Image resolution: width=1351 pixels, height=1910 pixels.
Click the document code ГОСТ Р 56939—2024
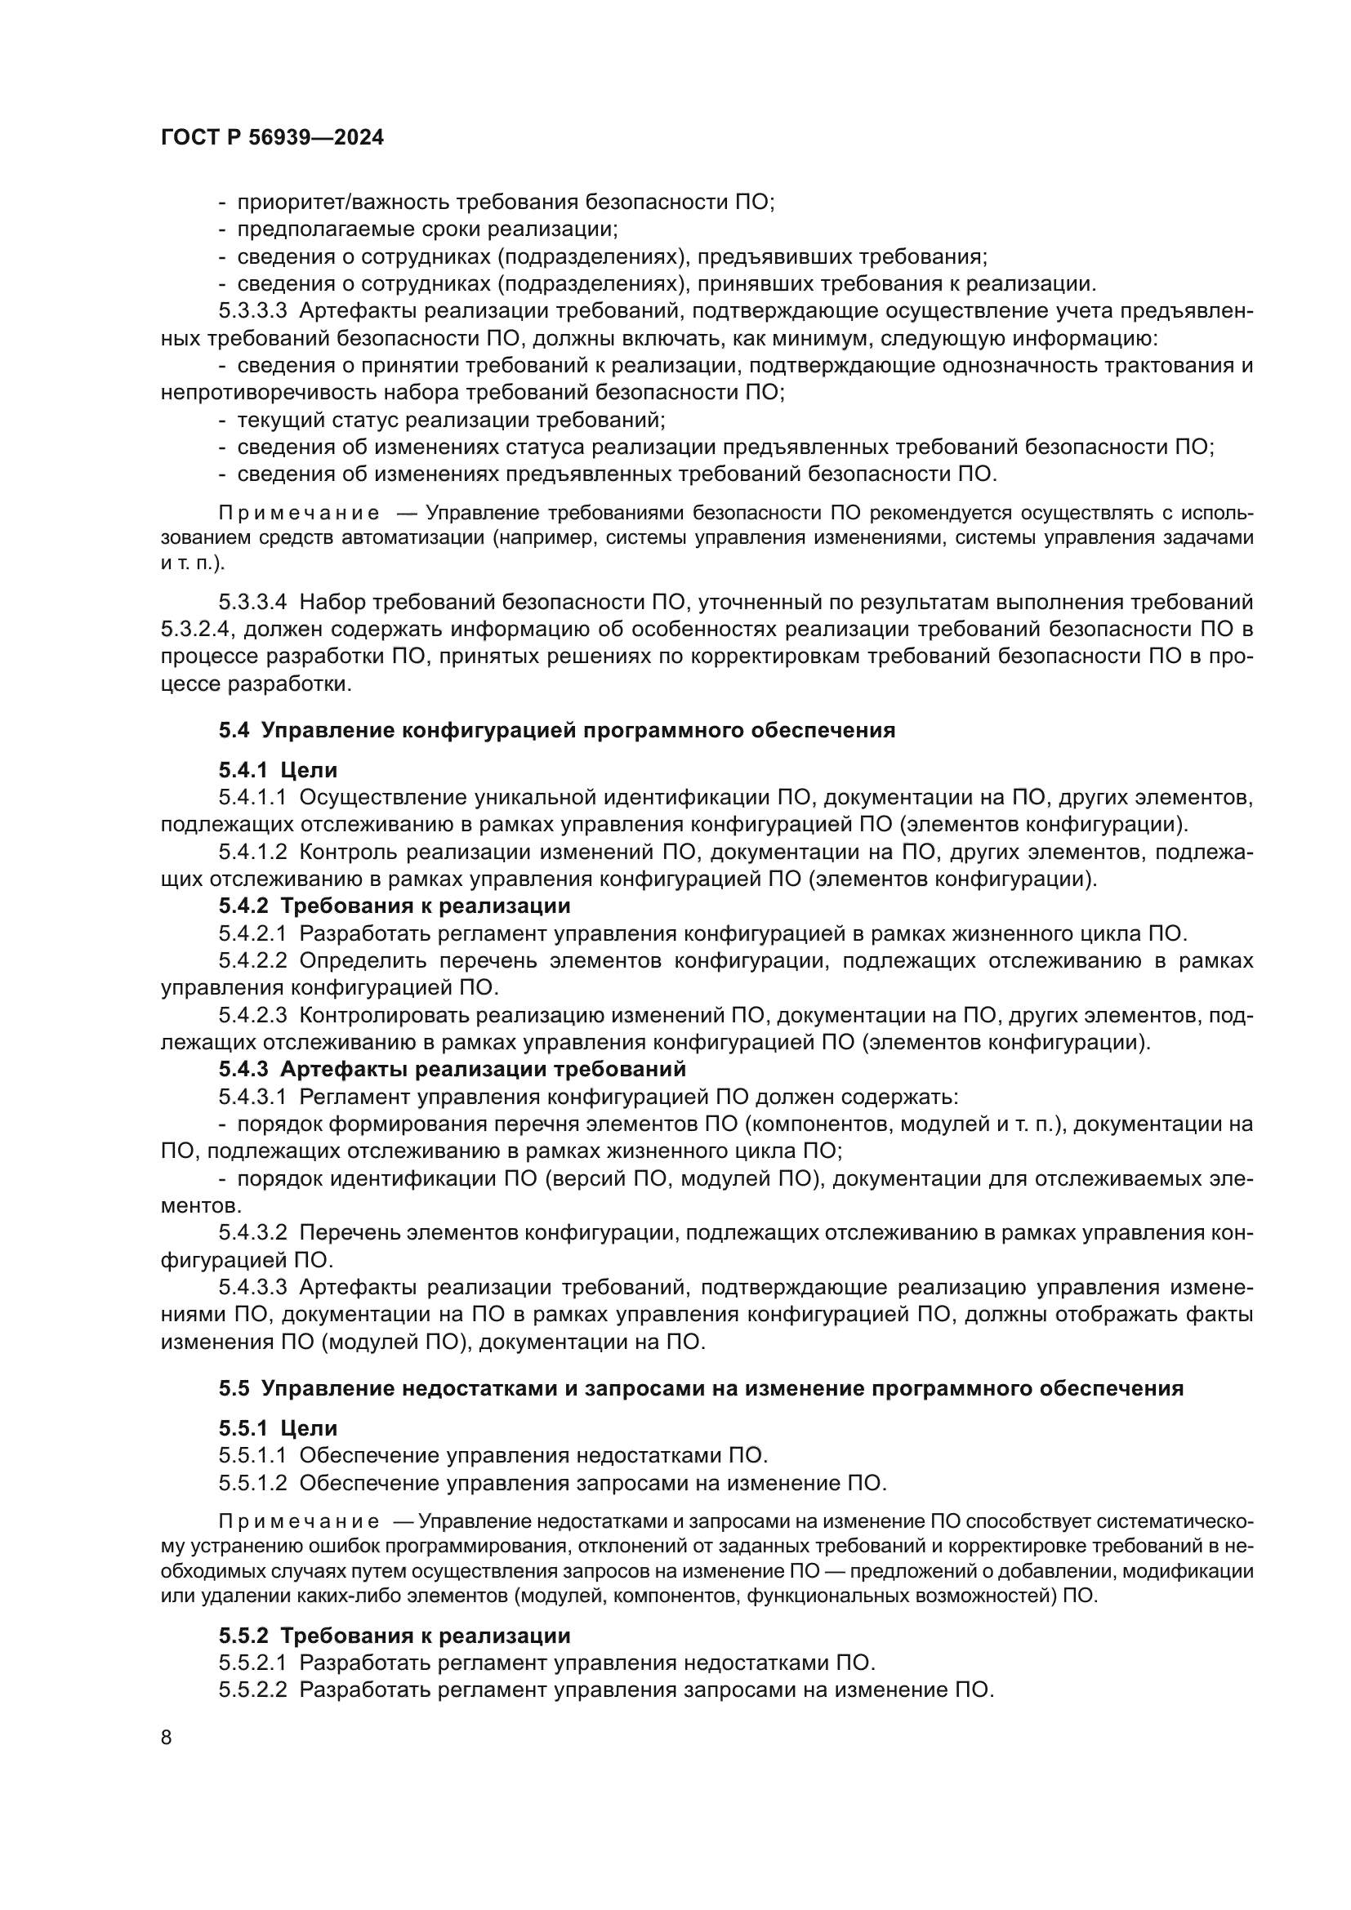click(272, 138)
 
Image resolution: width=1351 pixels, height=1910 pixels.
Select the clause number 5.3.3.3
click(252, 311)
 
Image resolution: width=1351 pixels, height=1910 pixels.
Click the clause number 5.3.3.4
click(252, 602)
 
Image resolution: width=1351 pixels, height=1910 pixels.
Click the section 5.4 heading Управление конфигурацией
click(556, 730)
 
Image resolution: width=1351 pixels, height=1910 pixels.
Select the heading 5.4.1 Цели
click(278, 770)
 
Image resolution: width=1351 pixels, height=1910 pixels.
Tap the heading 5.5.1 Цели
click(278, 1428)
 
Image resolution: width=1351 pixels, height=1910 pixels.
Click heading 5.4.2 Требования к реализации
click(395, 905)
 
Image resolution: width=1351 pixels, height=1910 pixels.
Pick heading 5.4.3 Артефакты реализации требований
click(452, 1068)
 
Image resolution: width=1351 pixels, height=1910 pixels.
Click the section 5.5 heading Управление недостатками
click(701, 1388)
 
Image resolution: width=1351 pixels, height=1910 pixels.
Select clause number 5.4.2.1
click(252, 933)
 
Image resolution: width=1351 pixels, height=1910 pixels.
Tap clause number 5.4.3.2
click(252, 1232)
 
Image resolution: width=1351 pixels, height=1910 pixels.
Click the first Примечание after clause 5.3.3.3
click(299, 514)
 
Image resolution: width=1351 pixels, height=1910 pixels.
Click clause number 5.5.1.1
click(252, 1456)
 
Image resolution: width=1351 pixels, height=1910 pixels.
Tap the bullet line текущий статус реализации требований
click(450, 420)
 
